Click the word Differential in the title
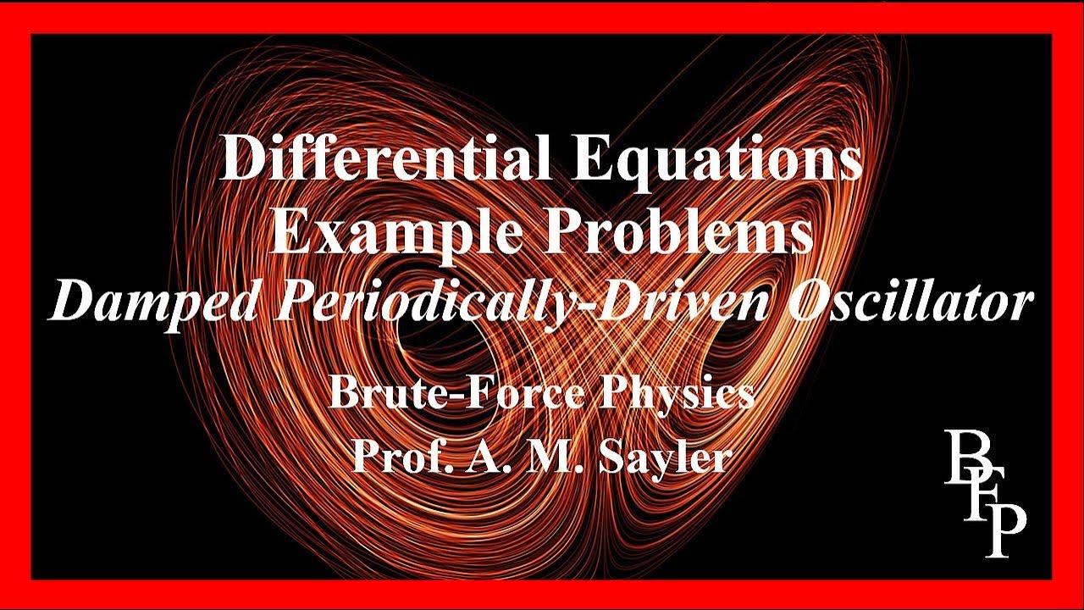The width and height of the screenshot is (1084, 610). (381, 159)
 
